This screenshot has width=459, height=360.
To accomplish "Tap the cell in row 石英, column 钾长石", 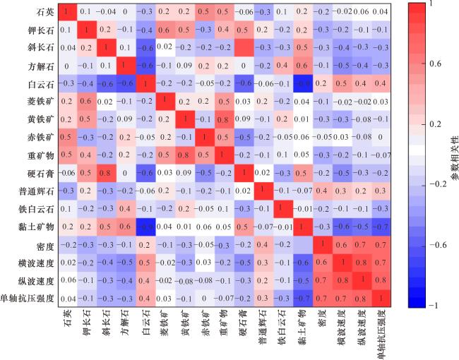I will coord(85,12).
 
